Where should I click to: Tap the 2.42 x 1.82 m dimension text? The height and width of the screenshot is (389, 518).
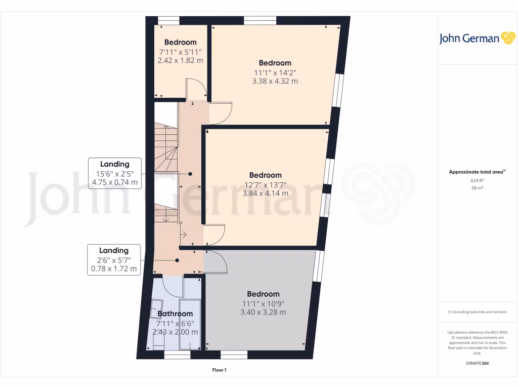(x=181, y=60)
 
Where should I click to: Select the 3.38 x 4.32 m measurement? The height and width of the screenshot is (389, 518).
(x=275, y=81)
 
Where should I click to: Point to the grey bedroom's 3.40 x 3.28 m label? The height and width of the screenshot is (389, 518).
(x=263, y=312)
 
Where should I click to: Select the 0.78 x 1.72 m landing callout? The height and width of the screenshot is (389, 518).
(x=113, y=269)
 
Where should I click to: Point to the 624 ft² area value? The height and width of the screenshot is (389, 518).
(x=477, y=180)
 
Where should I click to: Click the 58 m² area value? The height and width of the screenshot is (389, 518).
(x=477, y=188)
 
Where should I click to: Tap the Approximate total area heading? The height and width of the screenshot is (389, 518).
(x=477, y=172)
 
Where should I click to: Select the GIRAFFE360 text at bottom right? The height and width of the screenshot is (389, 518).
(x=477, y=363)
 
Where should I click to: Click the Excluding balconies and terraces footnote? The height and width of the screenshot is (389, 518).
(x=477, y=312)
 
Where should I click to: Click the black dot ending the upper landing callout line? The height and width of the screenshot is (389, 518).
(x=191, y=174)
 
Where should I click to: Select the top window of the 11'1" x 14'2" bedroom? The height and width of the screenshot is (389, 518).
(x=260, y=20)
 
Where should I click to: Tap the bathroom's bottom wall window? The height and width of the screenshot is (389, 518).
(x=177, y=356)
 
